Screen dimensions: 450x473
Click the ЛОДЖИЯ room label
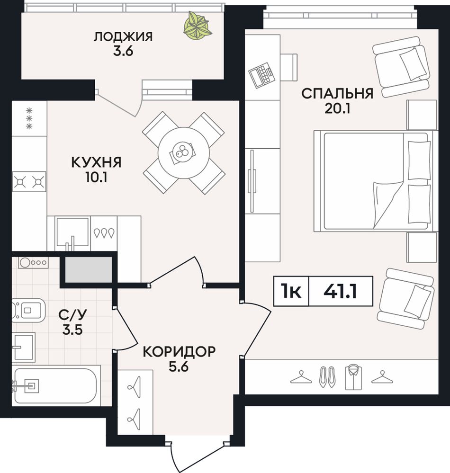point(123,37)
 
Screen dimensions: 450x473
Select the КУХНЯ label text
point(97,162)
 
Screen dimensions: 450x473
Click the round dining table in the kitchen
point(184,152)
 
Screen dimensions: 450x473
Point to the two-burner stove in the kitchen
point(29,182)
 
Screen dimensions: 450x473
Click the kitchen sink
point(72,232)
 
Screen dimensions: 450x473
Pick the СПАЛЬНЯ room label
point(337,94)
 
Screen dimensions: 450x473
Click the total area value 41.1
point(340,291)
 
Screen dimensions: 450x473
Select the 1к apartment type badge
point(291,291)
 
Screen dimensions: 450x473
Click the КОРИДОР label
point(179,351)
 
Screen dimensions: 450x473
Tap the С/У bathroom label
point(72,315)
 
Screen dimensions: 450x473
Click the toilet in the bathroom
point(28,310)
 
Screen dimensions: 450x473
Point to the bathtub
point(56,385)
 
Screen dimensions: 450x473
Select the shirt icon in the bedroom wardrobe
point(354,377)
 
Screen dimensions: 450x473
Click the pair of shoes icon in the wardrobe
point(327,377)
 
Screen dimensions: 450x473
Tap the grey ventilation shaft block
point(89,270)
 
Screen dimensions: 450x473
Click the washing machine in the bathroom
point(33,262)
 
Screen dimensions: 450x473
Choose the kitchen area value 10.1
point(96,178)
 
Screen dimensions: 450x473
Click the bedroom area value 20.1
point(337,108)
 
